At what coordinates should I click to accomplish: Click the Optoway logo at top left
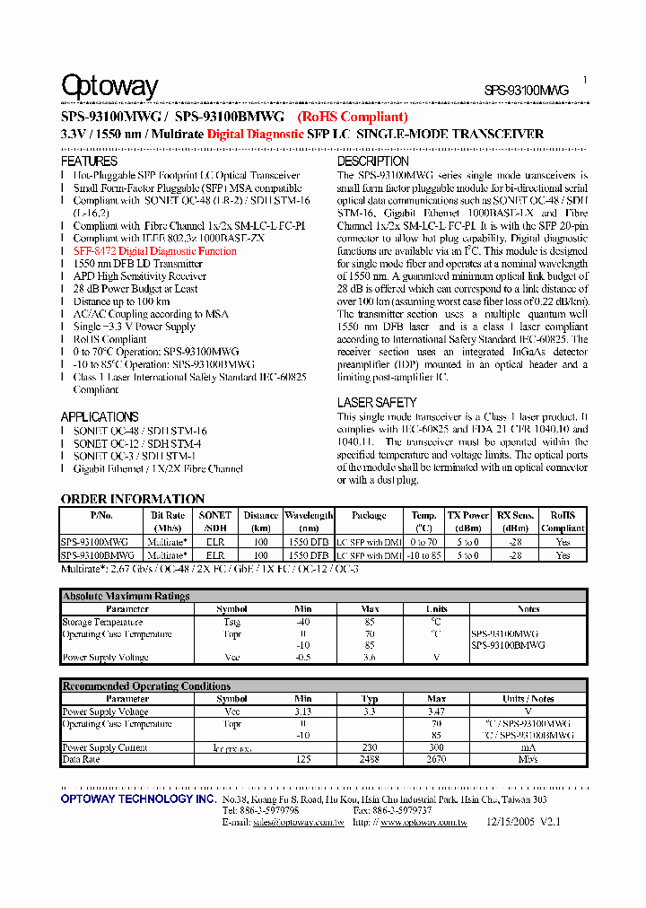click(109, 87)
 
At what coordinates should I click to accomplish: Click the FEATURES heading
click(89, 162)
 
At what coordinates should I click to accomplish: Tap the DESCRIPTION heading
click(373, 162)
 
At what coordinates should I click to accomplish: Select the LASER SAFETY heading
click(377, 403)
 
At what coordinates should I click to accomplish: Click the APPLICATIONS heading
click(100, 417)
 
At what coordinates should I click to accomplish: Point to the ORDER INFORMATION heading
click(133, 499)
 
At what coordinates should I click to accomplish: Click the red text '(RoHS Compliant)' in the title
click(353, 117)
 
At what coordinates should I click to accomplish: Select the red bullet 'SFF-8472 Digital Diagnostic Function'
click(155, 252)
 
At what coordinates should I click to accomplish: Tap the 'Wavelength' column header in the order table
click(309, 516)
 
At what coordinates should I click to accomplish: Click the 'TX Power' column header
click(468, 516)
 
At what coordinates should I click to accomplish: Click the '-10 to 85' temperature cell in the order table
click(424, 555)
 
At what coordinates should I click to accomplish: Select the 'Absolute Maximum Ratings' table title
click(126, 596)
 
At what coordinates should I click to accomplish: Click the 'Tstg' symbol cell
click(231, 622)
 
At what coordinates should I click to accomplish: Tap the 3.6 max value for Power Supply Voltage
click(370, 658)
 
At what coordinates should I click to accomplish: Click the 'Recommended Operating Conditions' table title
click(146, 686)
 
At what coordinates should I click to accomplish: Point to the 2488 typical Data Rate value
click(370, 759)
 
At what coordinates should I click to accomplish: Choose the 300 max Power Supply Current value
click(436, 747)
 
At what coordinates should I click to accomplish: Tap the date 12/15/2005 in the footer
click(510, 822)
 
